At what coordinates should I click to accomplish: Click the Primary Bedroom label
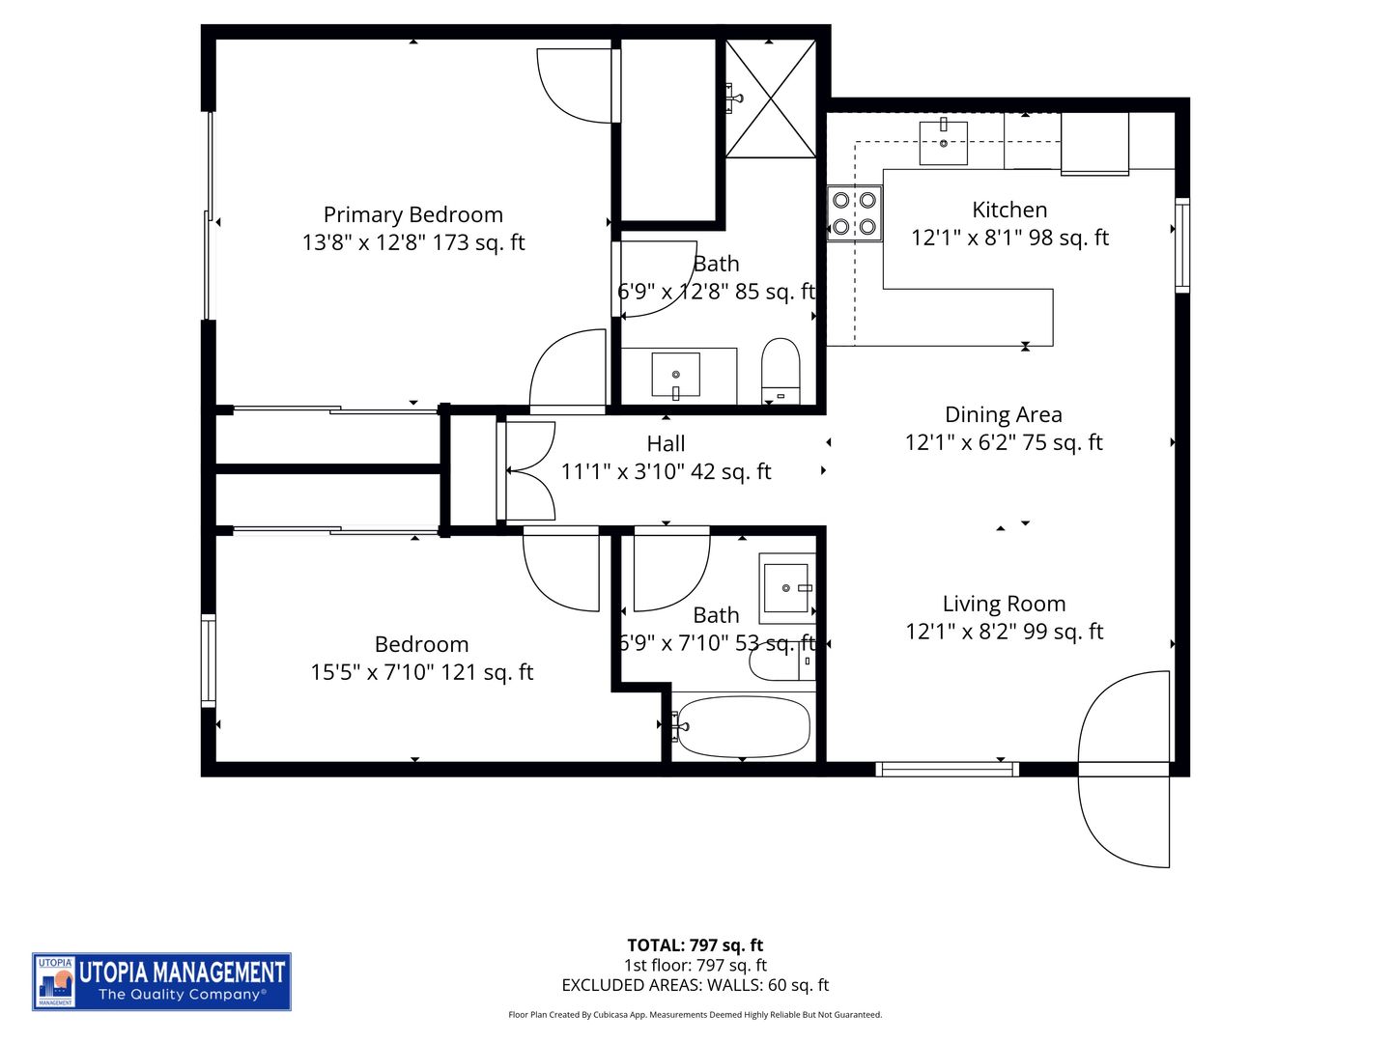click(412, 215)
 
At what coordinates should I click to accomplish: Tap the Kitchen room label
click(1009, 211)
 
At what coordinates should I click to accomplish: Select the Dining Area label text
click(1003, 415)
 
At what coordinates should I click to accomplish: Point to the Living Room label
click(1004, 605)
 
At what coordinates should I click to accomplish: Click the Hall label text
click(666, 444)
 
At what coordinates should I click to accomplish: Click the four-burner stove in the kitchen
click(855, 213)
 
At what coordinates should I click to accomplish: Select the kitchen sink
click(943, 142)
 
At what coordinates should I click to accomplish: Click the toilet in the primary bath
click(781, 369)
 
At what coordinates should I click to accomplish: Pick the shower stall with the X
click(770, 98)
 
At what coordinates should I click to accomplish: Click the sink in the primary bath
click(676, 375)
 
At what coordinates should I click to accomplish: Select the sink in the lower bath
click(786, 587)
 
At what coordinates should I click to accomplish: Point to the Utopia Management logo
click(161, 981)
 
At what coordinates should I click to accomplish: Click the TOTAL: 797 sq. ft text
click(695, 945)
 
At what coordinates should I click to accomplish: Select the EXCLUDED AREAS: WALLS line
click(695, 985)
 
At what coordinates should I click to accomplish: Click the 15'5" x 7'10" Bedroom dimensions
click(421, 672)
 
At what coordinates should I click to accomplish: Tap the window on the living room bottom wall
click(947, 770)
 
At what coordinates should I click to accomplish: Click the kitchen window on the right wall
click(1181, 244)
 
